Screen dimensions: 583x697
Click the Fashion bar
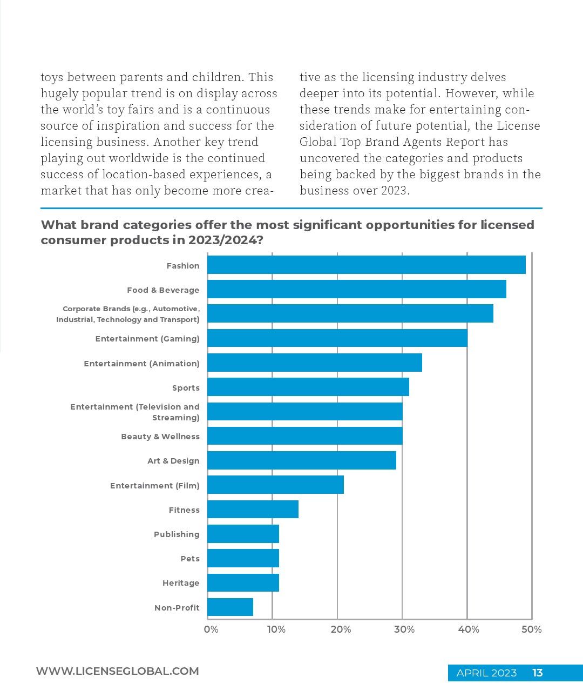[366, 265]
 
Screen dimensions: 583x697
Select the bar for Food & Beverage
[356, 289]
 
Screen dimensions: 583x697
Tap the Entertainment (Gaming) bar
[337, 338]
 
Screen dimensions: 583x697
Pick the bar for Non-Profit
[230, 607]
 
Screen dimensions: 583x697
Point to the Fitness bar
[253, 509]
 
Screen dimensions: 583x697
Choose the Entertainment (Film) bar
[275, 485]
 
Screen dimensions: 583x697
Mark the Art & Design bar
[302, 460]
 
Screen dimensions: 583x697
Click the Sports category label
[186, 388]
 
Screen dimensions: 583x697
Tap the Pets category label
[190, 559]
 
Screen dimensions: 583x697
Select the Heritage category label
[181, 583]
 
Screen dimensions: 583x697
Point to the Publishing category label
[177, 534]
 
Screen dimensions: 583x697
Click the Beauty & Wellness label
[160, 436]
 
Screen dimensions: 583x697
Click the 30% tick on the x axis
[404, 629]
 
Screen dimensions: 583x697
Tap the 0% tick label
[211, 629]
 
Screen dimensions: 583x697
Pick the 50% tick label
[531, 629]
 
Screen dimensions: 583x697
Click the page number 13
[537, 673]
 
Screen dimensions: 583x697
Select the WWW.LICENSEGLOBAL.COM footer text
[117, 671]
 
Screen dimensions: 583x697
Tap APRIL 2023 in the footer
[486, 673]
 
